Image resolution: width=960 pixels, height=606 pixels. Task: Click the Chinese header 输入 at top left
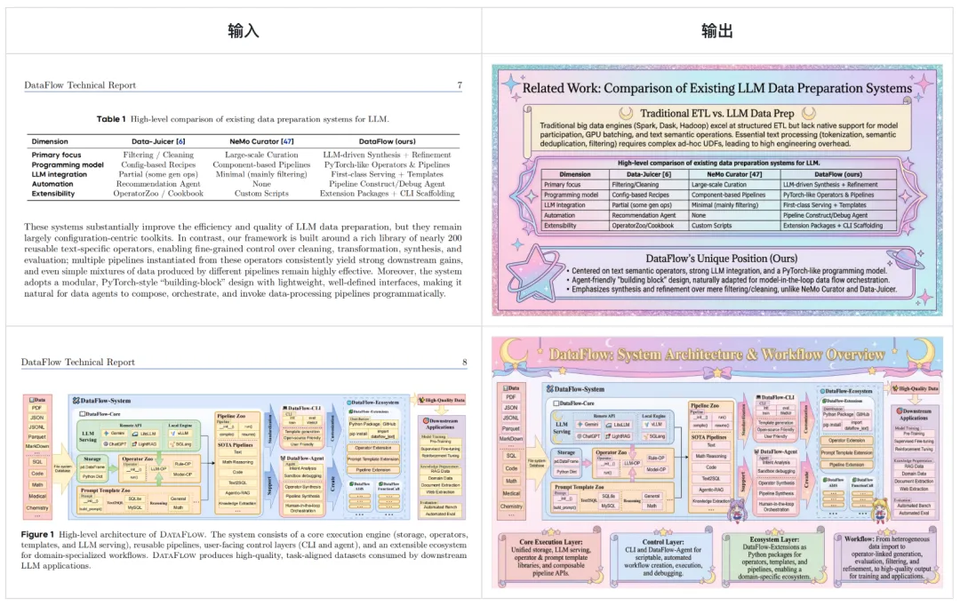244,32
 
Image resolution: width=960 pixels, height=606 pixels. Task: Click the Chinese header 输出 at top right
717,32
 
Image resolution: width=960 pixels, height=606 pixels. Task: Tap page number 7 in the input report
459,86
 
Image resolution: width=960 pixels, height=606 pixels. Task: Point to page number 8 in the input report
463,363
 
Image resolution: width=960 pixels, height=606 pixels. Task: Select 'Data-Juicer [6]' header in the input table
158,141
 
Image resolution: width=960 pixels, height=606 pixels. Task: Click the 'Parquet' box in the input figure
37,436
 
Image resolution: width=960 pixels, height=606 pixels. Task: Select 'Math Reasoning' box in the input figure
237,461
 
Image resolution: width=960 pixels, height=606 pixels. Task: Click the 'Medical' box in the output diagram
511,493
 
